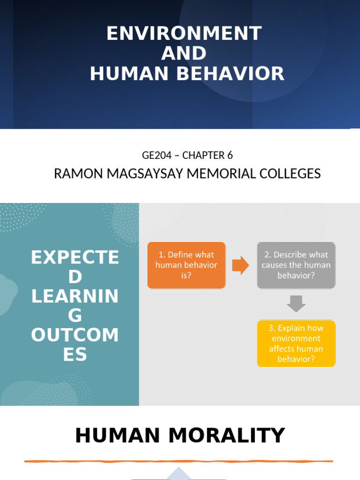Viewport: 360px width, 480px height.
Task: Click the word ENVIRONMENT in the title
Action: [184, 34]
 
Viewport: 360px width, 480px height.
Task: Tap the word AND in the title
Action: [184, 53]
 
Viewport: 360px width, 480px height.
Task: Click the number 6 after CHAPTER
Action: [230, 155]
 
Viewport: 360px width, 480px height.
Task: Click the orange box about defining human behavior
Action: [186, 265]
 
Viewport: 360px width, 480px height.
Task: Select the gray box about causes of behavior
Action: [296, 265]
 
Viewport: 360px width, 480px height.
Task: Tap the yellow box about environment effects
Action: [296, 343]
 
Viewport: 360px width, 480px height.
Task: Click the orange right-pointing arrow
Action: [241, 265]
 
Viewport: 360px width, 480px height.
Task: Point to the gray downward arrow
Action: [296, 304]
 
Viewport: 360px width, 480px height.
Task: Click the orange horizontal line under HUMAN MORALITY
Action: [178, 461]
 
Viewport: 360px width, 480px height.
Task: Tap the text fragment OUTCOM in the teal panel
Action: [75, 335]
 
